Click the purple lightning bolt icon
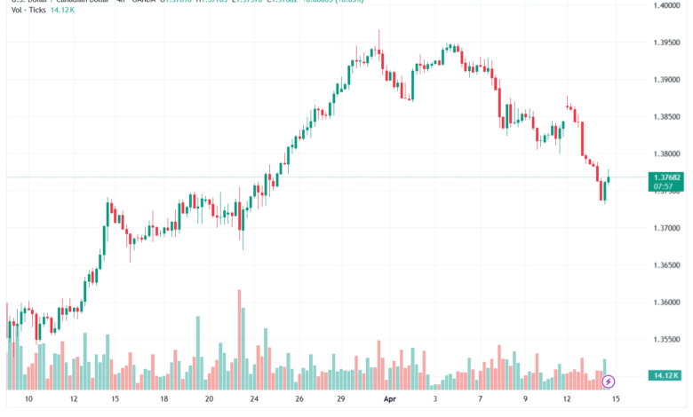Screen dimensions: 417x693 click(x=609, y=382)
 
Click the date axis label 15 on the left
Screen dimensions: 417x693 click(x=115, y=399)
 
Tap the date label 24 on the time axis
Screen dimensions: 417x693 click(x=254, y=399)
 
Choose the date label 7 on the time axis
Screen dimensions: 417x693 click(x=480, y=399)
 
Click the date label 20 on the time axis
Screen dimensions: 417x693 click(x=208, y=399)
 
